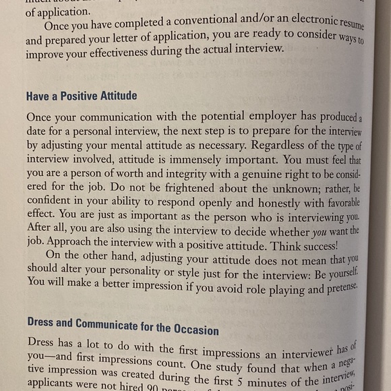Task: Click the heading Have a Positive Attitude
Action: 82,96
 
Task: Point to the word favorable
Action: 336,203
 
